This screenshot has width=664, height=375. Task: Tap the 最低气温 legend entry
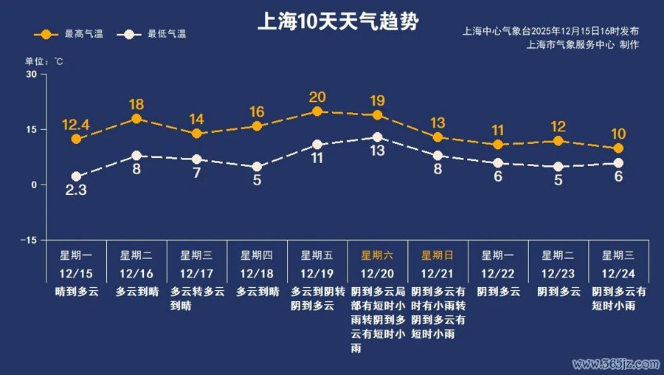156,34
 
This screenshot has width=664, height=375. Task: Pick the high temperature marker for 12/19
317,111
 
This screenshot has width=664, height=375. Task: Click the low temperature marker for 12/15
76,176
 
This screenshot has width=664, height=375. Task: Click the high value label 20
317,97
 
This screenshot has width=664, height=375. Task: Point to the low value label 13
378,151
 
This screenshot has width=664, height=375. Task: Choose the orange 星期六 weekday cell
377,255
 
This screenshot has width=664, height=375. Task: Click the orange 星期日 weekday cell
438,255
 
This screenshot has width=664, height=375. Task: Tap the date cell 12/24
618,273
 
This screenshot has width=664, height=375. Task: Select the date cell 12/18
257,273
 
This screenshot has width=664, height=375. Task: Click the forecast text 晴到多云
76,292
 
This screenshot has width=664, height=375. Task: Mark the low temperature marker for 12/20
378,137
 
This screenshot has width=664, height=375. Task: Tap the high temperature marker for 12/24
618,148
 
